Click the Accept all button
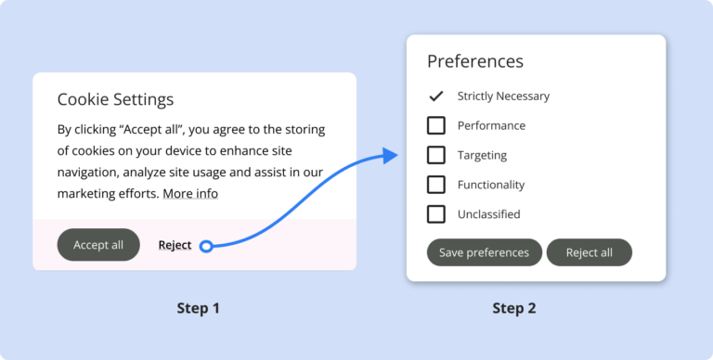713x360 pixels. point(98,245)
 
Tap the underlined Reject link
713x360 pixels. point(175,245)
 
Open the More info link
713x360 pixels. point(190,194)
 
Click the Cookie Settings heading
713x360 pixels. point(115,99)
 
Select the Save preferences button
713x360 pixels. point(484,252)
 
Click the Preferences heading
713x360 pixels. point(475,61)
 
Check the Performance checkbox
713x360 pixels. point(436,125)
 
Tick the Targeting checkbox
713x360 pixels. point(436,155)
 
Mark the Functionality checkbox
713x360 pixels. point(436,185)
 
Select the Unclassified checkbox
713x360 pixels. point(436,214)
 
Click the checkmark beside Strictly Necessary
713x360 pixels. point(436,96)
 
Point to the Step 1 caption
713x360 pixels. point(198,308)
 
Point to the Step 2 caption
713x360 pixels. point(513,308)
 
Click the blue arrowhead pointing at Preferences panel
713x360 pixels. point(390,156)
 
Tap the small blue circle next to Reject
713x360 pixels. point(206,246)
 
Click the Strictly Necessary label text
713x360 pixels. point(503,96)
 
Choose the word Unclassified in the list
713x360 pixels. point(488,214)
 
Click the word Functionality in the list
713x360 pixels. point(491,185)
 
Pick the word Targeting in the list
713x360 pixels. point(482,155)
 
